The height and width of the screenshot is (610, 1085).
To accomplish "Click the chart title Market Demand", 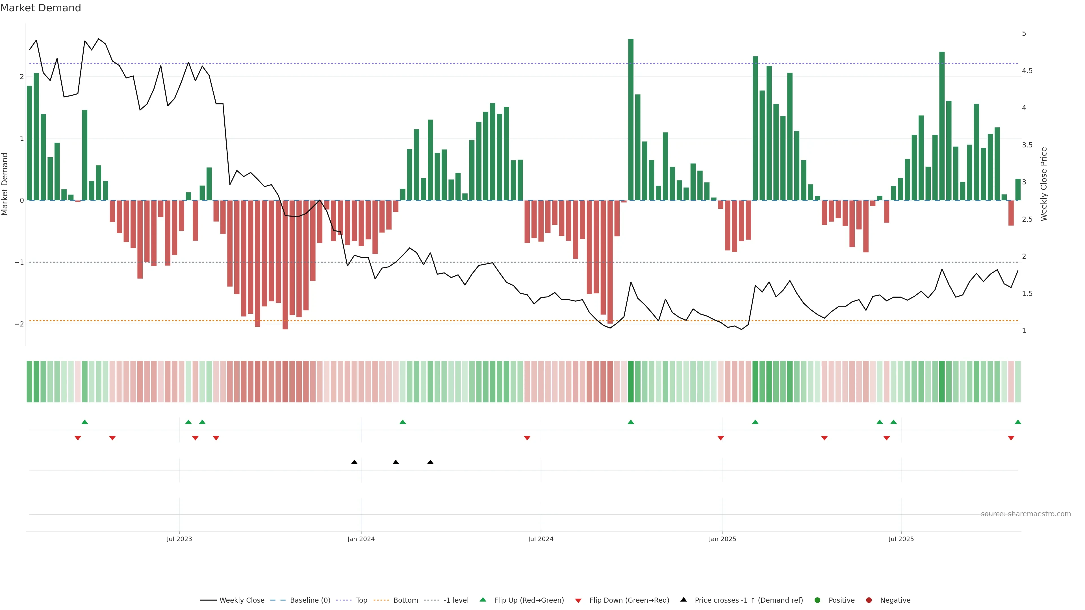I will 40,8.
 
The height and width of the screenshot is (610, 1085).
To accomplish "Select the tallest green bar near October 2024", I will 631,120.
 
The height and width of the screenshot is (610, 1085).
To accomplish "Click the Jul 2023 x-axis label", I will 179,539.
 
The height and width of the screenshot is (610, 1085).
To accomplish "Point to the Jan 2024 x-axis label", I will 361,539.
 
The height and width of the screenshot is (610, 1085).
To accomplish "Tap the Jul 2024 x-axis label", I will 541,539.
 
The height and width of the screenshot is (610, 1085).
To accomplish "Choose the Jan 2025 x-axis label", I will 722,539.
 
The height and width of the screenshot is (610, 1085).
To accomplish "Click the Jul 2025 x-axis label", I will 901,539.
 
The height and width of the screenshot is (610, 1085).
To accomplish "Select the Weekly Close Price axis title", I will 1044,184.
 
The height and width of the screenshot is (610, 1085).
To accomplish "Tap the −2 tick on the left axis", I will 19,324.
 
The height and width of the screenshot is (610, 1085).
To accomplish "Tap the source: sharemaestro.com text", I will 1026,514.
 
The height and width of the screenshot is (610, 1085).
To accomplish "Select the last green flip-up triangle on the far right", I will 1018,422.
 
